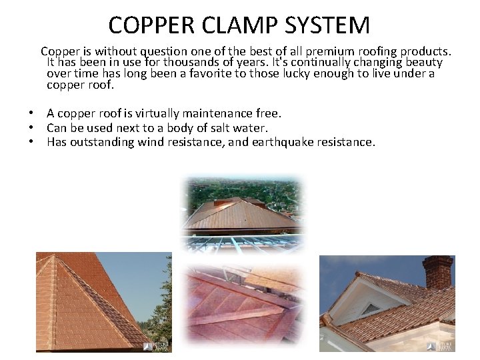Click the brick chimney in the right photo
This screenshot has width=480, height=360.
[x=437, y=273]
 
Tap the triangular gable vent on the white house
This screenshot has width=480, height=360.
[x=370, y=309]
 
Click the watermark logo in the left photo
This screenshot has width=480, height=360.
[x=157, y=345]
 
